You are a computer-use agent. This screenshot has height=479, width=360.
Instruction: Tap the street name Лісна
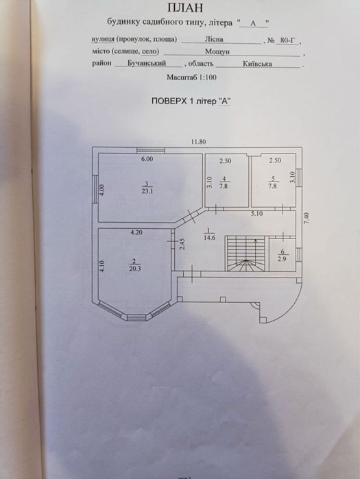pos(214,40)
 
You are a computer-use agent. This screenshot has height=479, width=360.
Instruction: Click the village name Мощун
pos(217,51)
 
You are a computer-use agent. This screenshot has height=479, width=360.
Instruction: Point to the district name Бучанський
pos(147,63)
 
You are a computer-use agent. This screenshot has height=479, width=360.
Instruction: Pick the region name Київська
pos(257,64)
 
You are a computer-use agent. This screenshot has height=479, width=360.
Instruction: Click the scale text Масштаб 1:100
pos(191,77)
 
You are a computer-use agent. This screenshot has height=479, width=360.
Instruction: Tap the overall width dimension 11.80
pos(199,142)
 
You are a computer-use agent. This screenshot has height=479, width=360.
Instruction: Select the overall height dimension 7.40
pos(307,219)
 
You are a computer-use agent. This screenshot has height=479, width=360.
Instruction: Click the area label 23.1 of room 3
pos(147,192)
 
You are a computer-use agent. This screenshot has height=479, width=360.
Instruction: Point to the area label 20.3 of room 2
pos(135,269)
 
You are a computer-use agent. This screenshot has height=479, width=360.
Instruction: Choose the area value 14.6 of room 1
pos(209,237)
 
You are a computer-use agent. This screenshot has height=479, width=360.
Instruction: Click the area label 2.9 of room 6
pos(283,259)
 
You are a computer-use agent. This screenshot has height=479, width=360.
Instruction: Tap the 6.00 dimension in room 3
pos(147,159)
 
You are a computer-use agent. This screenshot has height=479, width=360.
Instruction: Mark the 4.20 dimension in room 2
pos(136,232)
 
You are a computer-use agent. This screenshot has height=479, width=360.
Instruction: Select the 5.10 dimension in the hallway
pos(256,214)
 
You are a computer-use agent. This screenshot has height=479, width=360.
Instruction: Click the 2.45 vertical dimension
pos(182,245)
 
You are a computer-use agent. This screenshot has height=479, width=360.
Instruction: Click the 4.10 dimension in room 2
pos(101,267)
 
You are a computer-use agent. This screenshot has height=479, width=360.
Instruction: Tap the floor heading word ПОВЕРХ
pos(169,101)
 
